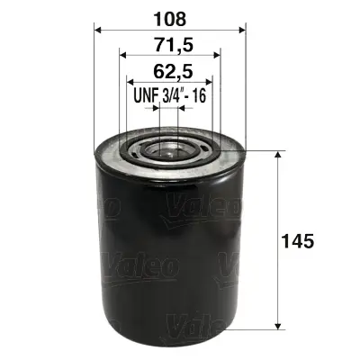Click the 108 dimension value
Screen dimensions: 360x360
click(x=169, y=15)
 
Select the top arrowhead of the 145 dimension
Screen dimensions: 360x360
click(x=279, y=154)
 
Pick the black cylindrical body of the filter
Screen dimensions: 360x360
click(x=169, y=252)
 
